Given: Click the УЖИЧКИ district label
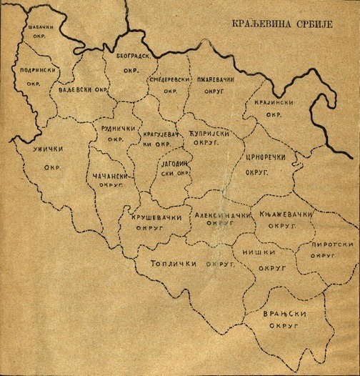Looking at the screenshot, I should coord(49,160).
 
